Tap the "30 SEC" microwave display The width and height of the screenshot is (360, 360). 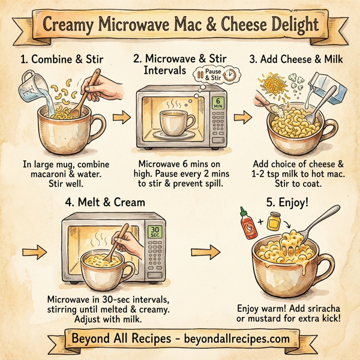pos(154,230)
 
